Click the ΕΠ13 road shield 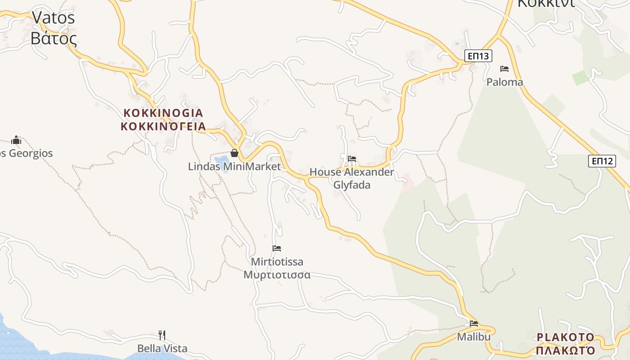[x=478, y=56]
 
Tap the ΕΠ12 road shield [x=602, y=161]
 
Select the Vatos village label [x=53, y=18]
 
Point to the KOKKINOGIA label [x=163, y=112]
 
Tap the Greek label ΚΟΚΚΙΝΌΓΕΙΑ [x=163, y=126]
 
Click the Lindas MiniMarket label [x=234, y=166]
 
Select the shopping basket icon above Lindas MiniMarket [x=234, y=153]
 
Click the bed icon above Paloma [x=504, y=69]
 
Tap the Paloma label [x=504, y=82]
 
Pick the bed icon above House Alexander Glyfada [x=352, y=159]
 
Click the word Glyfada [x=352, y=184]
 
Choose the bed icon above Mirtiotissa [x=277, y=248]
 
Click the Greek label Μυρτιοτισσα [x=277, y=274]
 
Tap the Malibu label [x=473, y=337]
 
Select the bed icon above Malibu [x=473, y=323]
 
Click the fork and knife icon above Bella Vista [x=162, y=335]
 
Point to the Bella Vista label [x=162, y=348]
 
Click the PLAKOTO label [x=566, y=337]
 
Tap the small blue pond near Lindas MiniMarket [x=222, y=161]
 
